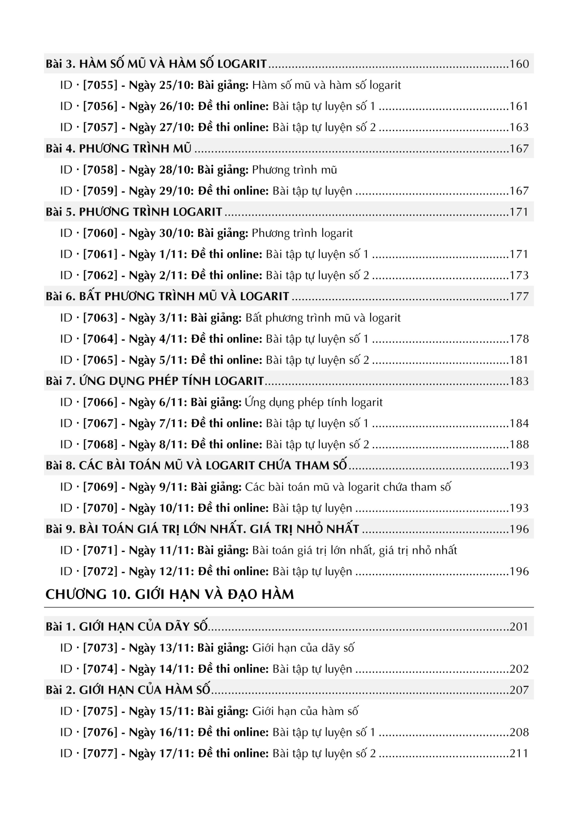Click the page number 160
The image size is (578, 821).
pos(519,64)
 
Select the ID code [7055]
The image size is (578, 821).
pos(100,85)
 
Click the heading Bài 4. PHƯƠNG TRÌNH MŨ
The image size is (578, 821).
pos(118,149)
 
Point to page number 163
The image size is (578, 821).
pos(519,127)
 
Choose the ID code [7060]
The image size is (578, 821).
pos(100,233)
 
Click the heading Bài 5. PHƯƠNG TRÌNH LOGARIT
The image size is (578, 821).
pos(134,212)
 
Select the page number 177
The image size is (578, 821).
pos(519,296)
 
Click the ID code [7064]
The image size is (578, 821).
pos(100,339)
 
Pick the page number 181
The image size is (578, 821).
pos(519,360)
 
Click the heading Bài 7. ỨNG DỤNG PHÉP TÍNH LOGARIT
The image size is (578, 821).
pos(155,381)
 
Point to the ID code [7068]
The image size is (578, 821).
pos(100,445)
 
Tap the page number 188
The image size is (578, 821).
pos(519,445)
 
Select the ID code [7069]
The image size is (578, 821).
pos(100,487)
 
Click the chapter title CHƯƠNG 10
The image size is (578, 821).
pos(169,594)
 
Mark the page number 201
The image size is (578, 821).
pos(519,627)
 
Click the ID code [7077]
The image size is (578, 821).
pos(100,753)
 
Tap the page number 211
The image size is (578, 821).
pos(519,753)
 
